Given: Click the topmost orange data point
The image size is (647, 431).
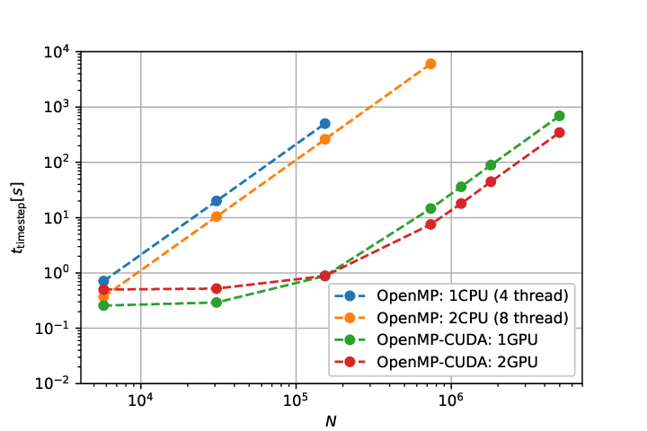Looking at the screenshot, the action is click(430, 64).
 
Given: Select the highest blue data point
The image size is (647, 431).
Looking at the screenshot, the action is click(325, 123).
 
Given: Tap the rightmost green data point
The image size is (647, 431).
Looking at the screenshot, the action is click(560, 116).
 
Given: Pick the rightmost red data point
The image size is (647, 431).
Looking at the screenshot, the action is click(560, 132).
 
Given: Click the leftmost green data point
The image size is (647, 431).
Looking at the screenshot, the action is click(103, 305).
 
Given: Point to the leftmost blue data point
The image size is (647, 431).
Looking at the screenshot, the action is click(103, 281).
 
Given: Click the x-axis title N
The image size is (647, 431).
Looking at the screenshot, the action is click(331, 421).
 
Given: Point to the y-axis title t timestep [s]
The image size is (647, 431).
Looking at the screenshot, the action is click(18, 218).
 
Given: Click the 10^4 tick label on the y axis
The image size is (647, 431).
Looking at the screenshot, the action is click(57, 51).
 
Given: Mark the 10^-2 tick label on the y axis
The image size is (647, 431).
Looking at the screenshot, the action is click(52, 383).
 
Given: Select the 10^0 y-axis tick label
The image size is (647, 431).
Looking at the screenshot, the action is click(57, 273).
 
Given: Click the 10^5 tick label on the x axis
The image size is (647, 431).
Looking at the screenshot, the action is click(296, 400).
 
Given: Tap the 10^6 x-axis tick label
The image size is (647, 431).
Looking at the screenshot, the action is click(451, 400).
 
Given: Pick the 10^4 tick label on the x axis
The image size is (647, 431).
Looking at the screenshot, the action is click(141, 400).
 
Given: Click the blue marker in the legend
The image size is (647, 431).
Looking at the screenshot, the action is click(350, 295).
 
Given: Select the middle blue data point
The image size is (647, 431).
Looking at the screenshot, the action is click(217, 201).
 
